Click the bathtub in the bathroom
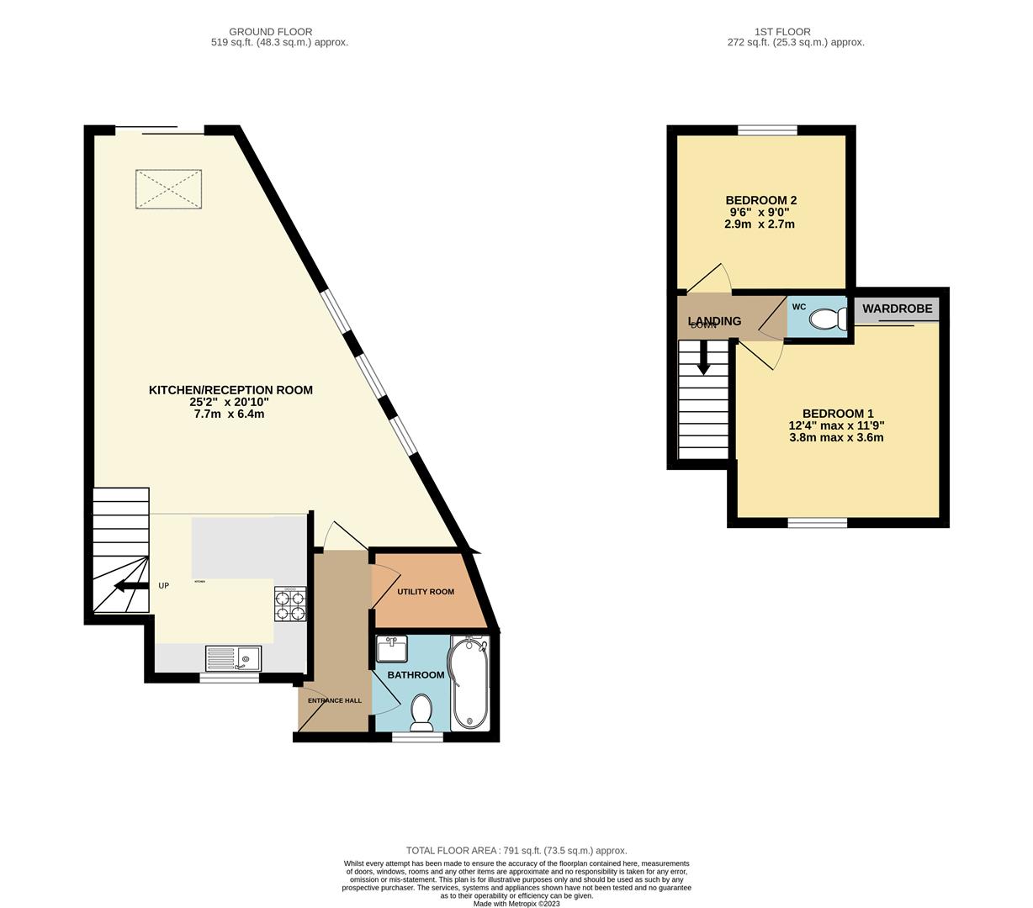coord(469,683)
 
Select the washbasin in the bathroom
coord(391,650)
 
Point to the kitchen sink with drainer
coord(234,657)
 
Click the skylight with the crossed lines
coord(169,189)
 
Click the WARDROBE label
coord(897,309)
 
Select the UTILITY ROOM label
coord(426,592)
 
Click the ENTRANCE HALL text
coord(334,700)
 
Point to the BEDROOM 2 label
coord(760,200)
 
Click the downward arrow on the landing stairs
coord(703,356)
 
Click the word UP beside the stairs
coord(164,585)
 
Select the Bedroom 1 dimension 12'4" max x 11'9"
coord(838,425)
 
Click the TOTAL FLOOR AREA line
coord(516,851)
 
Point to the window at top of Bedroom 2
coord(767,130)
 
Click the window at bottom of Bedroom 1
coord(817,523)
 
